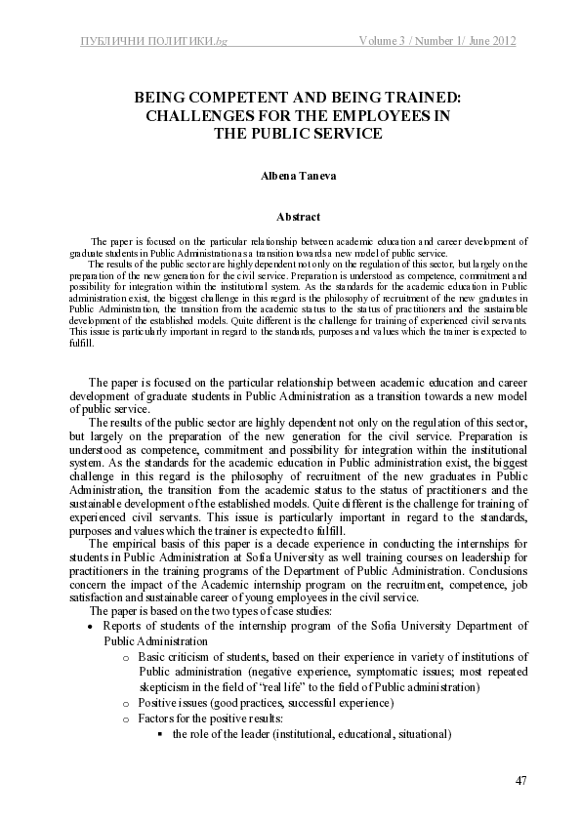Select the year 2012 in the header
pyautogui.click(x=500, y=40)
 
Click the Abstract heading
pyautogui.click(x=290, y=216)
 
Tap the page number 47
pyautogui.click(x=520, y=780)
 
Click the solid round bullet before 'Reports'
pyautogui.click(x=91, y=627)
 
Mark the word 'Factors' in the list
pyautogui.click(x=158, y=718)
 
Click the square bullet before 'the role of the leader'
pyautogui.click(x=158, y=733)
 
